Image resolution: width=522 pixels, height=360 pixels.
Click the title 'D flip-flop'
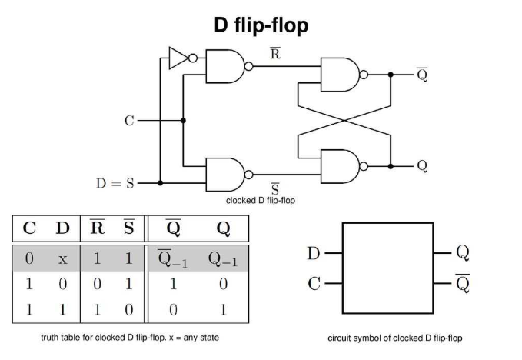[x=261, y=25]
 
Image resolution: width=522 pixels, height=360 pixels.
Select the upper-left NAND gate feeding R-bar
[x=224, y=67]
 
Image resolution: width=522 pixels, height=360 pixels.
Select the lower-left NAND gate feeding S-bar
[x=224, y=174]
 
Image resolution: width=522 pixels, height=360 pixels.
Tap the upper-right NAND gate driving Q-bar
[x=340, y=74]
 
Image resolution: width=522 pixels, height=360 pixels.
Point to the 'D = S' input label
[x=115, y=183]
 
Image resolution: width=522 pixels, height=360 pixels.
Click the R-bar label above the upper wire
[x=274, y=54]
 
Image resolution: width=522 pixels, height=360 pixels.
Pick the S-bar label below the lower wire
[x=274, y=188]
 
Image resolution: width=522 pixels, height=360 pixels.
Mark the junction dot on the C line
[x=183, y=120]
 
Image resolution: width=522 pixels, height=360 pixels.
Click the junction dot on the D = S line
[x=160, y=183]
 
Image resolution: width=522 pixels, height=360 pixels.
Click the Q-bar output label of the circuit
[x=422, y=74]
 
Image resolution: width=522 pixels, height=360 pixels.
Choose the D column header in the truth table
[x=62, y=228]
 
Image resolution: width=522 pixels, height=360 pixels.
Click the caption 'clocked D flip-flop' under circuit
[x=261, y=201]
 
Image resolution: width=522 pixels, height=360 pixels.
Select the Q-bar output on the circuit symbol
[x=462, y=284]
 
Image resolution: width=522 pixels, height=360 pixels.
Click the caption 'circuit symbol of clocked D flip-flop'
[x=395, y=338]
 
